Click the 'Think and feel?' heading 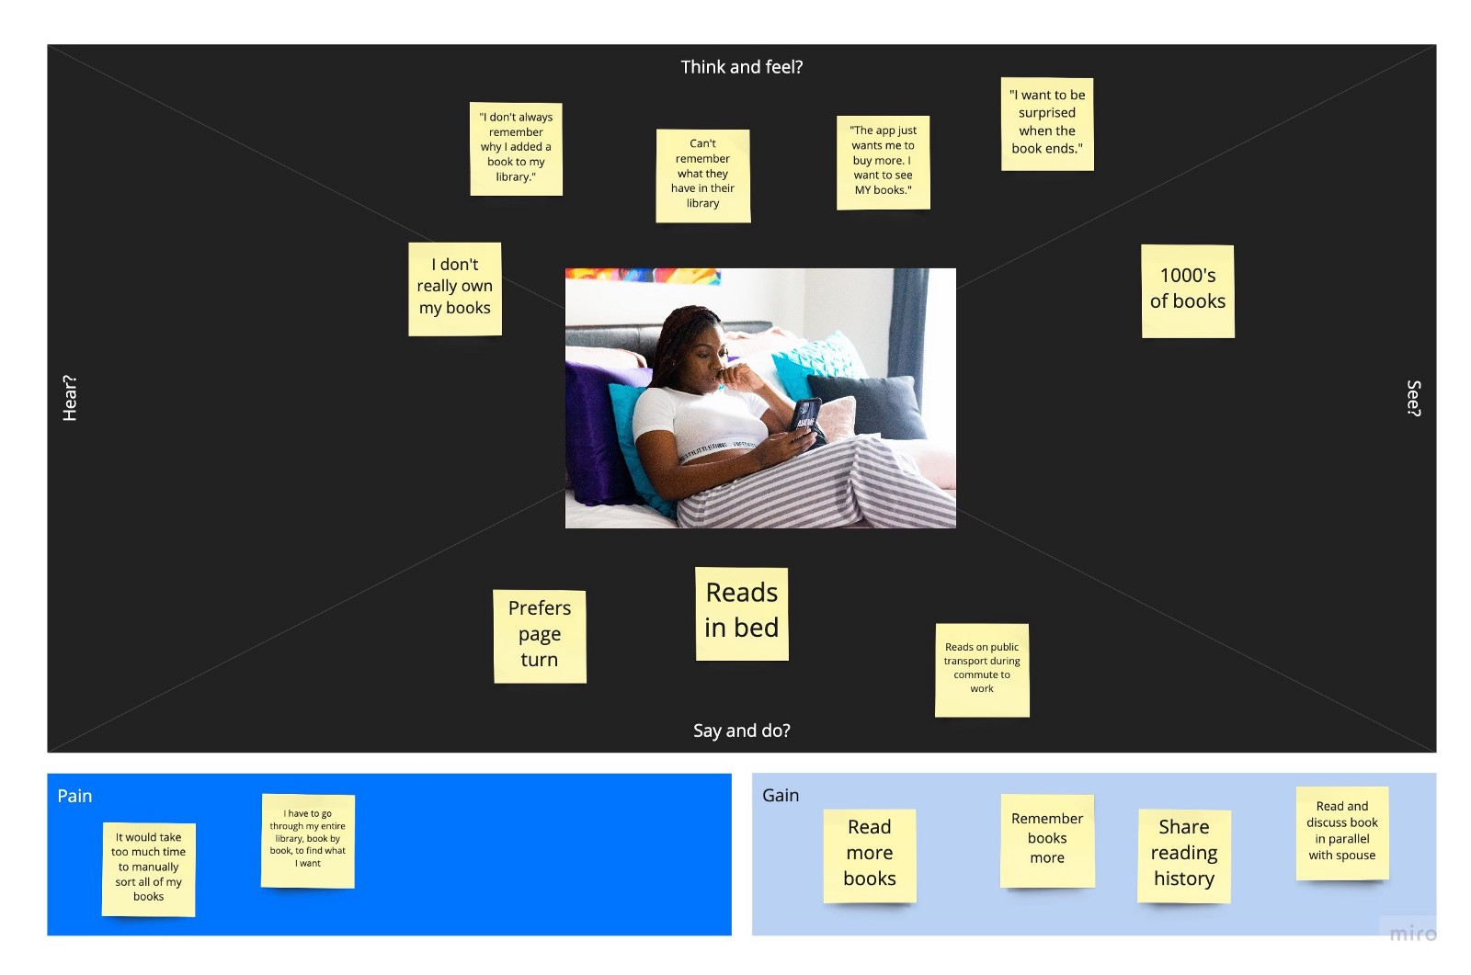[741, 67]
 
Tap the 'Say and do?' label [741, 731]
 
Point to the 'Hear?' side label [70, 398]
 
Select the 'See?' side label [1413, 398]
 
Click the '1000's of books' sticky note [1187, 290]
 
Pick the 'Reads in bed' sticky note [741, 613]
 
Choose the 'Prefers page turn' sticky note [540, 635]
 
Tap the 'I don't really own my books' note [455, 289]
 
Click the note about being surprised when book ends [1046, 123]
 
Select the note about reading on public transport [981, 669]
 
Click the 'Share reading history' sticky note [1183, 855]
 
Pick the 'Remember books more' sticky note [1046, 840]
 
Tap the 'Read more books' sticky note [869, 855]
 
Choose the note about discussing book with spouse [1341, 833]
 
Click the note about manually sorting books [148, 868]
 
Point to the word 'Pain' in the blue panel [74, 796]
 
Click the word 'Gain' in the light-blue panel [780, 795]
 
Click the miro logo [1411, 933]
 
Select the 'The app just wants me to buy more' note [883, 162]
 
